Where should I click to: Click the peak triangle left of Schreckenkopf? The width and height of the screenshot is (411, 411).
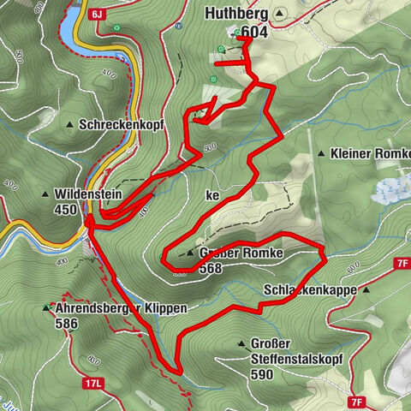click(70, 125)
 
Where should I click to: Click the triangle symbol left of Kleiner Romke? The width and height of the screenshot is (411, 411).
click(321, 154)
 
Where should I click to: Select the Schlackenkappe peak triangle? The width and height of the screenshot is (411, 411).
click(366, 289)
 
